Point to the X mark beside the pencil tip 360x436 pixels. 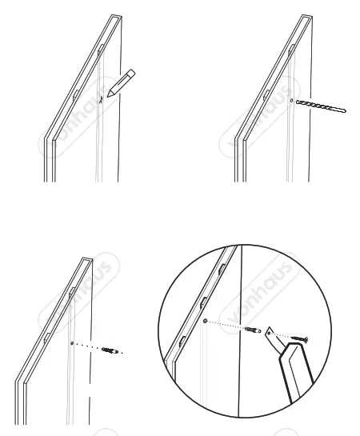101,101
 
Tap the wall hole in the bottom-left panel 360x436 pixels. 74,343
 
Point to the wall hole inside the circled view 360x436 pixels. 206,320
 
